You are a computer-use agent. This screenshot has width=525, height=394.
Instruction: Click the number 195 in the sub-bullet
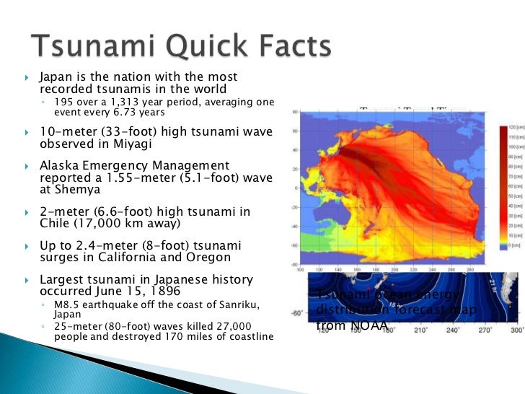coord(66,102)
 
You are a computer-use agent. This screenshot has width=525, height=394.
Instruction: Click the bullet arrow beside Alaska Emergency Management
coord(27,166)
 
